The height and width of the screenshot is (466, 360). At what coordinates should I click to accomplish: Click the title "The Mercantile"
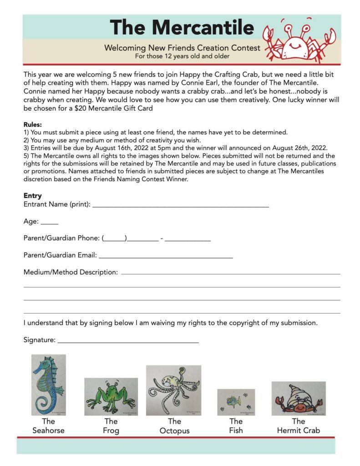coord(182,27)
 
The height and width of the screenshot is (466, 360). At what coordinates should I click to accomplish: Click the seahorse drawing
coord(48,385)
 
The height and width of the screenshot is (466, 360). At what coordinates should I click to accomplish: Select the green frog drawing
coord(111,396)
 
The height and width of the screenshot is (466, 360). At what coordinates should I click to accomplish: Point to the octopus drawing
coord(173,390)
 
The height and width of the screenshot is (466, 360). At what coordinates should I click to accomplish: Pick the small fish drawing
coord(236,402)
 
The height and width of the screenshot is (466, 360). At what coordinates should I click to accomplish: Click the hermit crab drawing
coord(299,398)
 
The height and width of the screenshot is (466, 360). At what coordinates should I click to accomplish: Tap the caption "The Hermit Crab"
coord(299,425)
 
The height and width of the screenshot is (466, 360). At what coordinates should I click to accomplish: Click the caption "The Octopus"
coord(174,426)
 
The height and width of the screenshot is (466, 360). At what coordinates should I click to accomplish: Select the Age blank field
coord(50,223)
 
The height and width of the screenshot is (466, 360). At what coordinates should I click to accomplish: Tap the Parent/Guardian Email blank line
coord(166,257)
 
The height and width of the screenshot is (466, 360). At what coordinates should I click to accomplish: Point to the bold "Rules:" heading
coord(33,124)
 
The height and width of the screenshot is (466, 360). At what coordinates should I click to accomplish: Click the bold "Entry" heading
coord(33,196)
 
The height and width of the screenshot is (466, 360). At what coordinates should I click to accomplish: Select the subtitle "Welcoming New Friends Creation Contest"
coord(182,48)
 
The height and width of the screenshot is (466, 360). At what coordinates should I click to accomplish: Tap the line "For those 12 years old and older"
coord(182,56)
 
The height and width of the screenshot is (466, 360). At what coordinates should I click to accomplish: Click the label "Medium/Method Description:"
coord(71,272)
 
